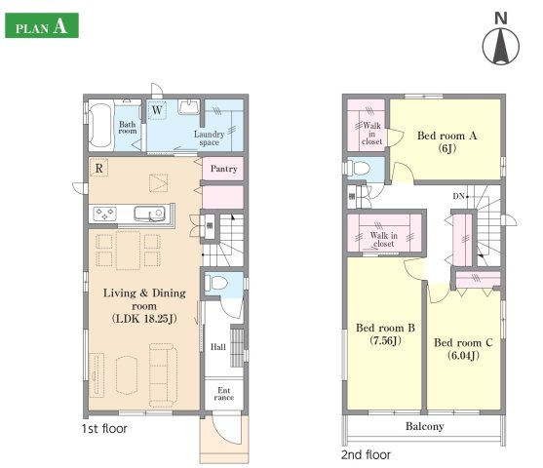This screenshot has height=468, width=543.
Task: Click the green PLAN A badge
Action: pos(42,25)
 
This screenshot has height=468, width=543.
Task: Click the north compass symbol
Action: pos(501,43)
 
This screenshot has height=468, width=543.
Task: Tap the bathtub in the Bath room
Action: pos(100,126)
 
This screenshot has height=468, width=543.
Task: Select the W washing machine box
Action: pos(157,110)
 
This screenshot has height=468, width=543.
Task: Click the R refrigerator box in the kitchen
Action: pos(99,168)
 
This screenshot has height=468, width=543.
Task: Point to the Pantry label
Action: pos(223,169)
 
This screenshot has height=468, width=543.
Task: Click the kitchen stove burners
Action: pos(105,214)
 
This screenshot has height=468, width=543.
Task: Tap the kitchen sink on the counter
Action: pos(149,214)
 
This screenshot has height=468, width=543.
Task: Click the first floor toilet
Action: pos(216,283)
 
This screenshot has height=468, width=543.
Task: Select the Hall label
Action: pos(218,347)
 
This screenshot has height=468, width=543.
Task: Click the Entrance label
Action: pos(223,394)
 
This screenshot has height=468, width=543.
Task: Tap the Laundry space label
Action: pos(210,137)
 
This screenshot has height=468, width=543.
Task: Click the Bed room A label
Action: pos(447,136)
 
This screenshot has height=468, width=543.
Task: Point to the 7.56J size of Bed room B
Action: pos(385,340)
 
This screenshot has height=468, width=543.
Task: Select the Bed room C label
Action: pos(463,342)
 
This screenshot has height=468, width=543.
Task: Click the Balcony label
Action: pos(425,426)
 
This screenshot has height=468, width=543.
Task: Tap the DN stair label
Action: pos(458,196)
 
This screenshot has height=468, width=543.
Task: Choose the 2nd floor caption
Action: pos(366,454)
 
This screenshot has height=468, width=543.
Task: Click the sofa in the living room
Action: pos(163,374)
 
